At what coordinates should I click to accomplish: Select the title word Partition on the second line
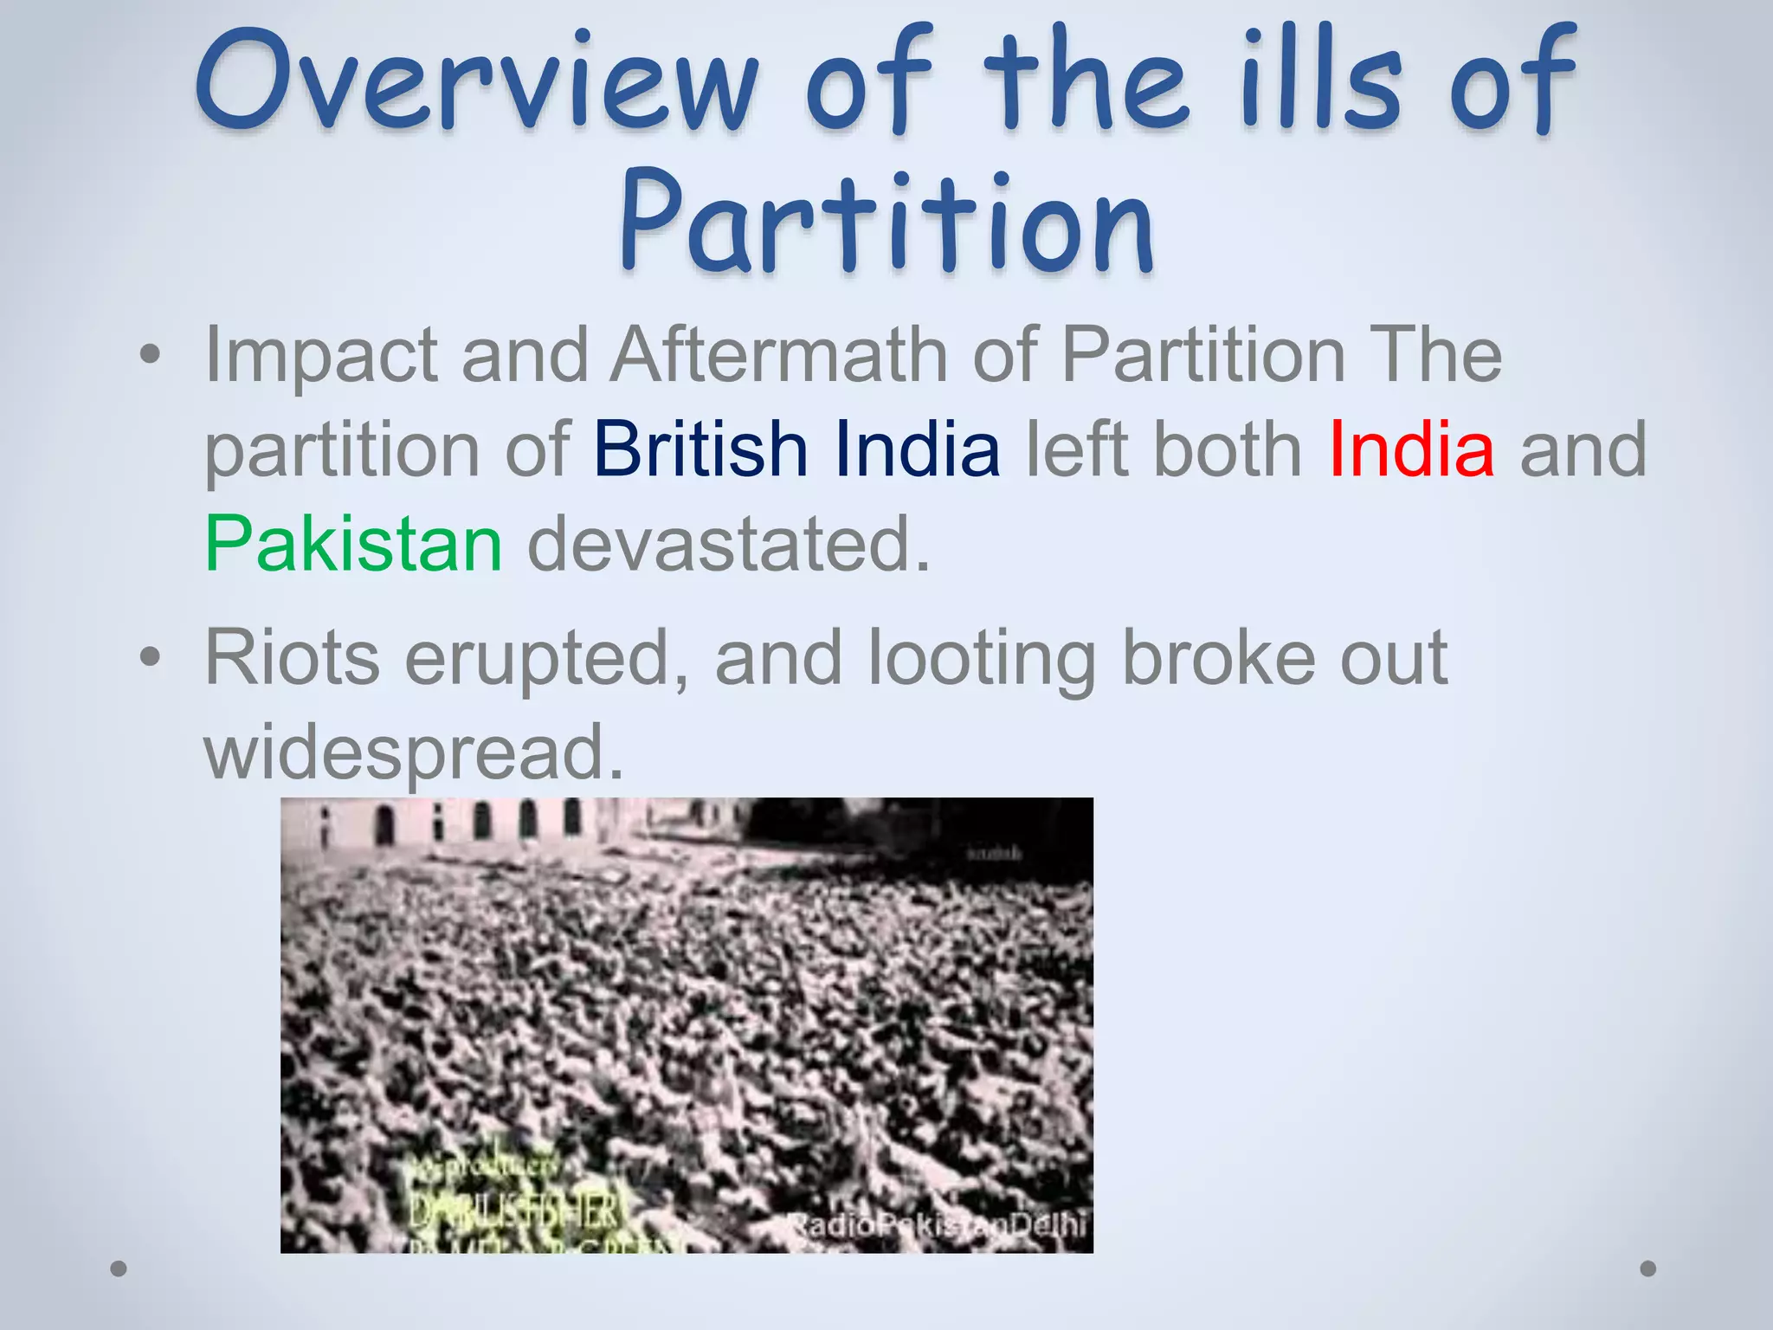(886, 221)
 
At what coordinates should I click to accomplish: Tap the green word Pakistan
(353, 544)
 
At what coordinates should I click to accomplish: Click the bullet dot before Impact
(150, 355)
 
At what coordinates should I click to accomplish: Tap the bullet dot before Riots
(150, 658)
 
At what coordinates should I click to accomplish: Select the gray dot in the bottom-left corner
(119, 1269)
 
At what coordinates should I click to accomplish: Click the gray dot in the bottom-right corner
(1648, 1269)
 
